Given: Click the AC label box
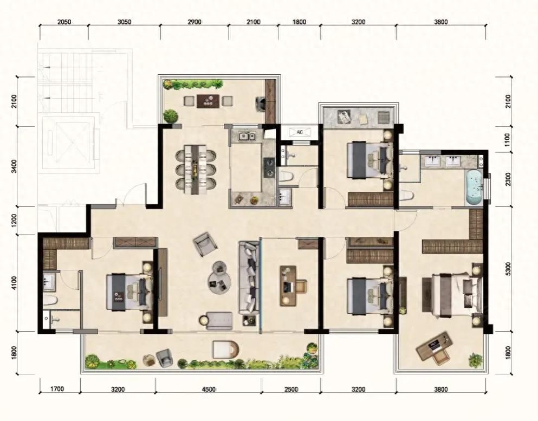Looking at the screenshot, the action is click(300, 132).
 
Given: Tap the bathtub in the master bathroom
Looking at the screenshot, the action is click(474, 187).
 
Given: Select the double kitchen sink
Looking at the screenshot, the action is click(247, 137).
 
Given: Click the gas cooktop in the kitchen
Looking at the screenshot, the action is click(269, 167).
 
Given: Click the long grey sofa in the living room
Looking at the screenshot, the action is click(249, 277).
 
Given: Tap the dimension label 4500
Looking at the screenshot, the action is click(209, 389).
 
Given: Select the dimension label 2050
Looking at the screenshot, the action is click(64, 22).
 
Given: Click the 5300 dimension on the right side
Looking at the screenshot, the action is click(508, 269).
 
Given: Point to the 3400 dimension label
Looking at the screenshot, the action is click(14, 166).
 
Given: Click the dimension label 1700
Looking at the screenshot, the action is click(57, 389).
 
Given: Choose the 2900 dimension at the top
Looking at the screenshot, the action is click(194, 22).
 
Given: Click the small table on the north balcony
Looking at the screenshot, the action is click(208, 101).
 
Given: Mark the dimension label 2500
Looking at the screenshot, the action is click(291, 389).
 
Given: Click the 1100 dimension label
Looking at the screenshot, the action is click(508, 140).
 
